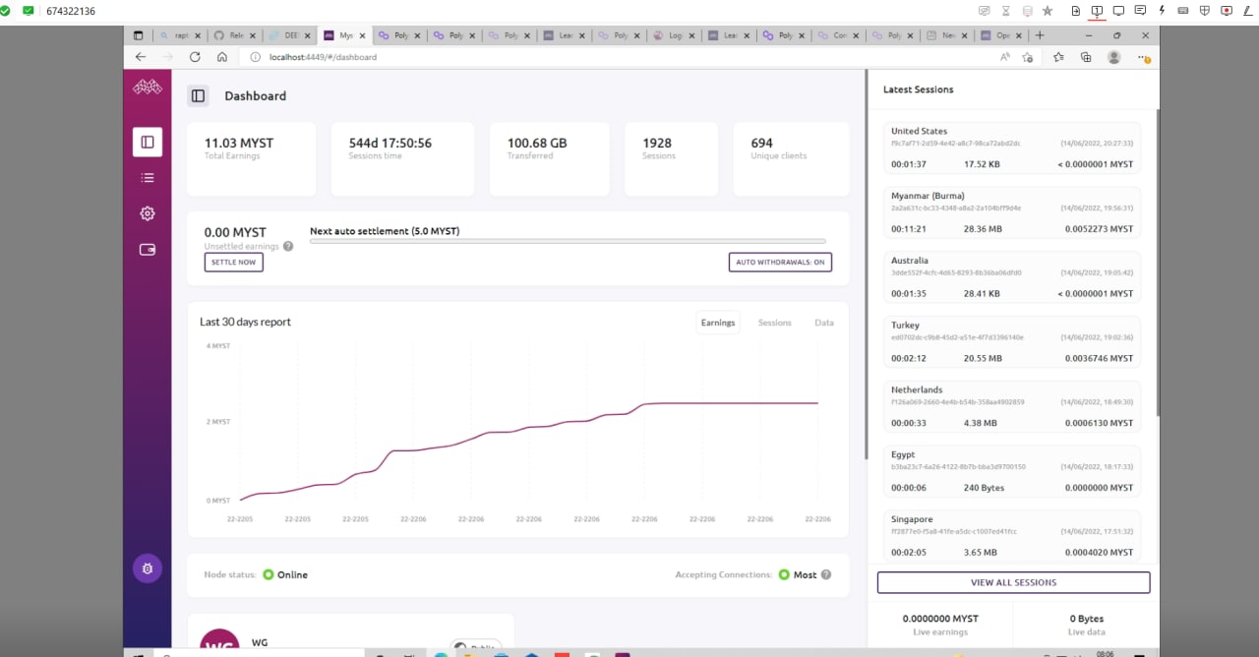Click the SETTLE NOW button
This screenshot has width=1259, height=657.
tap(234, 262)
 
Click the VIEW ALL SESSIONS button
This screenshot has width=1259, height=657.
tap(1013, 582)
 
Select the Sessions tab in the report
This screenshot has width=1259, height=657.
tap(774, 323)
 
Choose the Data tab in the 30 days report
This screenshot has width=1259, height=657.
tap(823, 323)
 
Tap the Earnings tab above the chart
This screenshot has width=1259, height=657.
tap(718, 323)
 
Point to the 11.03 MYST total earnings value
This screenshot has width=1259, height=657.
tap(239, 143)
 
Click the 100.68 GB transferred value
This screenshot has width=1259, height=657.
tap(537, 143)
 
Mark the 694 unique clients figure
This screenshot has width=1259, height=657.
tap(761, 143)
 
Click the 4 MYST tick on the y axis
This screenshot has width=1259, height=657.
tap(218, 346)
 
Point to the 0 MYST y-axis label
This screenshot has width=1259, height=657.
tap(218, 501)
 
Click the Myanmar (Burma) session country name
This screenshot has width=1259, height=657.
tap(928, 196)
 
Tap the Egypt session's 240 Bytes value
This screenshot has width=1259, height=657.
tap(984, 488)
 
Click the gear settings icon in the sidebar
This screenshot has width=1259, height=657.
tap(148, 213)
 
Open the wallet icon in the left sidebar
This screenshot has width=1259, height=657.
tap(148, 250)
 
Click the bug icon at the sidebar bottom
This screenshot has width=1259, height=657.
tap(148, 567)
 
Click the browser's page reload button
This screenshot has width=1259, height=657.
tap(195, 57)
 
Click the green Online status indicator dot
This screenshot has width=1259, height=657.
tap(268, 574)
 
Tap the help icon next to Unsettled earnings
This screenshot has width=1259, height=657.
tap(288, 246)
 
